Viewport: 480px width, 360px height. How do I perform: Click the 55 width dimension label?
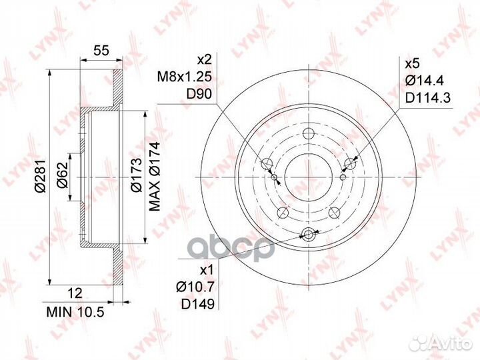101,51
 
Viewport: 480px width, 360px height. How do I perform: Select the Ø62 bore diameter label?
61,176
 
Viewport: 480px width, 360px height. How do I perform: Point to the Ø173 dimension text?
137,175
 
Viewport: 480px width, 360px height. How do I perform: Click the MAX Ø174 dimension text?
155,176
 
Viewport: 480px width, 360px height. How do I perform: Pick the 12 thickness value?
75,293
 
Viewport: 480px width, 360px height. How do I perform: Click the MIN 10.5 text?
75,312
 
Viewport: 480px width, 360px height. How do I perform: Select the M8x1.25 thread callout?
184,77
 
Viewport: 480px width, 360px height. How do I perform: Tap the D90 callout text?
199,94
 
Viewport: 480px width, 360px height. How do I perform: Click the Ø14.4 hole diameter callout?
424,81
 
